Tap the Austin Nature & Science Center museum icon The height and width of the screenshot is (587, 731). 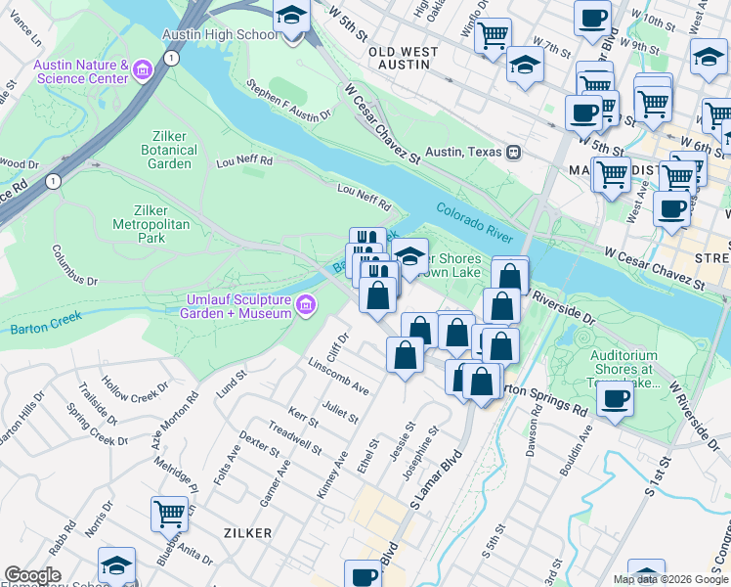[x=144, y=70]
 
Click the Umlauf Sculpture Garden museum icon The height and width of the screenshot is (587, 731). [x=306, y=306]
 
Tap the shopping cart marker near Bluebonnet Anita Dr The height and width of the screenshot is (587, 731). [x=169, y=514]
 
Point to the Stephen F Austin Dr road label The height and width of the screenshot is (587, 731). [x=289, y=102]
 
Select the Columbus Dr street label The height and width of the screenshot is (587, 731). [x=75, y=265]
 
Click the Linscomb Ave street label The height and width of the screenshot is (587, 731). [x=337, y=377]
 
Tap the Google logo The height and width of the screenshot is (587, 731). [x=33, y=575]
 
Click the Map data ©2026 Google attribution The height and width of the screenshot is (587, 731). [x=670, y=579]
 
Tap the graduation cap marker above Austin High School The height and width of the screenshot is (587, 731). [x=290, y=19]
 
